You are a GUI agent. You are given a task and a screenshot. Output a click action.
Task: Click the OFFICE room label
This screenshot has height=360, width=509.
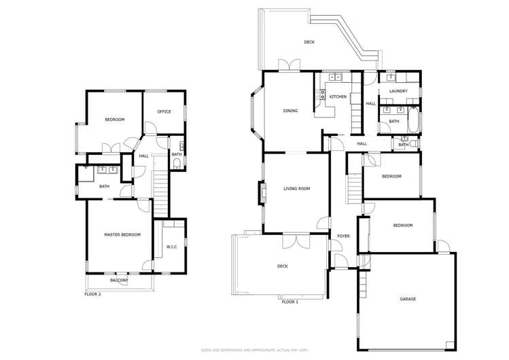[x=164, y=111]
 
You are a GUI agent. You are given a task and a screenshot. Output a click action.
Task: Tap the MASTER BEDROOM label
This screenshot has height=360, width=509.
[x=122, y=234]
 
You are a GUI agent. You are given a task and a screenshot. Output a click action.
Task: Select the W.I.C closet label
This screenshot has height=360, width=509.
[x=171, y=247]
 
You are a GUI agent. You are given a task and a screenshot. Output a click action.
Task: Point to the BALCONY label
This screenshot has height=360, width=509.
[x=119, y=281]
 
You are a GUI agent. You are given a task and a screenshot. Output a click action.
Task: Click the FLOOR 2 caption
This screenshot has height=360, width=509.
[x=92, y=294]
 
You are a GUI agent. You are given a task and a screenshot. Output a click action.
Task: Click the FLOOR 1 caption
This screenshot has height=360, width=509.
[x=289, y=301]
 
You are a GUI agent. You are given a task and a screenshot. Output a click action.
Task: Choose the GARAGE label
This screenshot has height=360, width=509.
[x=408, y=299]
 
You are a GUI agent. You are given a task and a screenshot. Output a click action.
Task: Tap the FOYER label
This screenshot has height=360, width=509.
[x=343, y=236]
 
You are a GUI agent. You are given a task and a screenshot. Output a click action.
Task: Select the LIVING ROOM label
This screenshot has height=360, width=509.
[x=296, y=188]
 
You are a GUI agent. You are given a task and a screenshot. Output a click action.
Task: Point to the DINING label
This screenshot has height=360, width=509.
[x=290, y=111]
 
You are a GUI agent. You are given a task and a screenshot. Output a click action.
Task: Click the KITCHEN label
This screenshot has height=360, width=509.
[x=338, y=97]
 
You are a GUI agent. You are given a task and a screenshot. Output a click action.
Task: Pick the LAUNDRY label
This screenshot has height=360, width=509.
[x=398, y=91]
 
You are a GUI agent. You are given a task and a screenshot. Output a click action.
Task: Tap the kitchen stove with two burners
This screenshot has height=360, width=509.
[x=323, y=96]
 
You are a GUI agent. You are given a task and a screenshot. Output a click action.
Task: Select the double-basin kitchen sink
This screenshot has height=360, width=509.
[x=336, y=77]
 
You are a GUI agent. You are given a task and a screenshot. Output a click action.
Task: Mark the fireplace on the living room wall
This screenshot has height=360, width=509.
[x=262, y=196]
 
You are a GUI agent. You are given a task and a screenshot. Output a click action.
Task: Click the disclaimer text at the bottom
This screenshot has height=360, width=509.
[x=255, y=350]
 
